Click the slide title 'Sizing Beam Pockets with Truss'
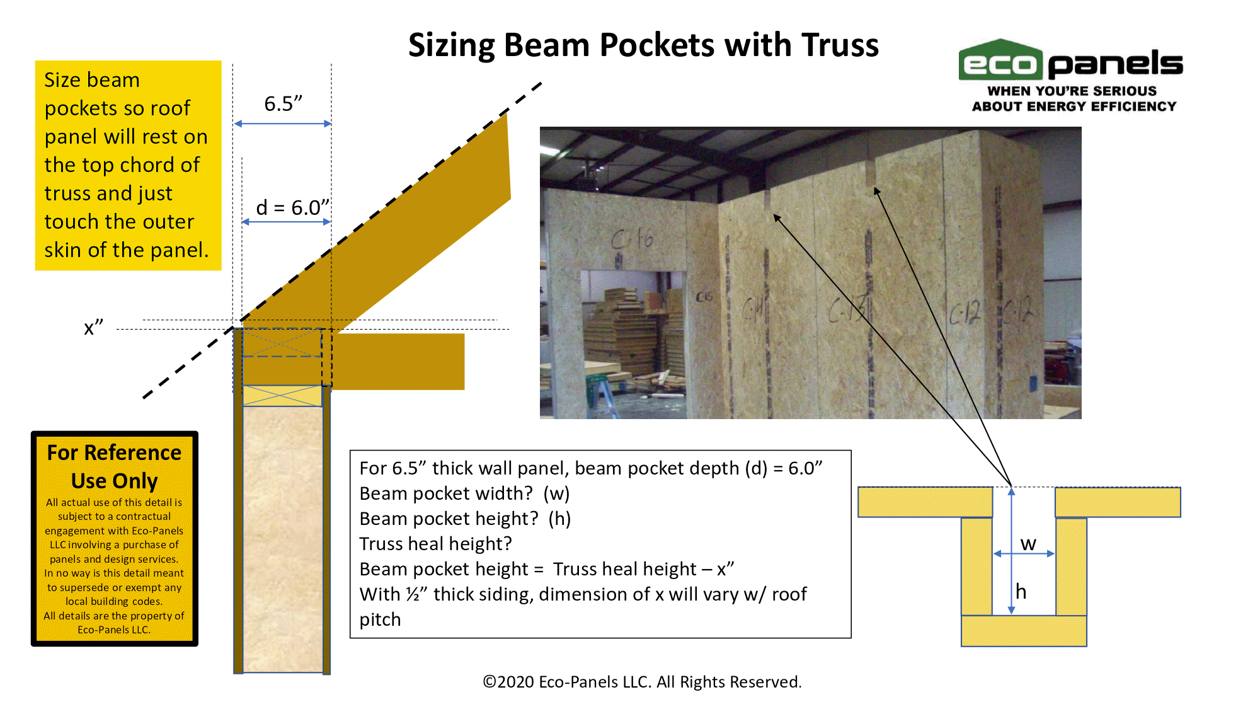(643, 45)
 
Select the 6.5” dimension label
(283, 103)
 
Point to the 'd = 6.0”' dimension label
(292, 207)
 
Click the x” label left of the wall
(93, 327)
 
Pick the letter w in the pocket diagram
(1028, 543)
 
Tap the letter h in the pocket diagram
(1021, 591)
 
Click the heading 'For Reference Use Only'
(115, 466)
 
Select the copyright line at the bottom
(642, 682)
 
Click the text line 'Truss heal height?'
(436, 543)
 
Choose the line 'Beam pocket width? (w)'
(464, 493)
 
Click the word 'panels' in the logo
(1116, 64)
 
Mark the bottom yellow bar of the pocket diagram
(1024, 631)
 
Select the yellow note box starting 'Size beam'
(128, 165)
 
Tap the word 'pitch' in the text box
(380, 620)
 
